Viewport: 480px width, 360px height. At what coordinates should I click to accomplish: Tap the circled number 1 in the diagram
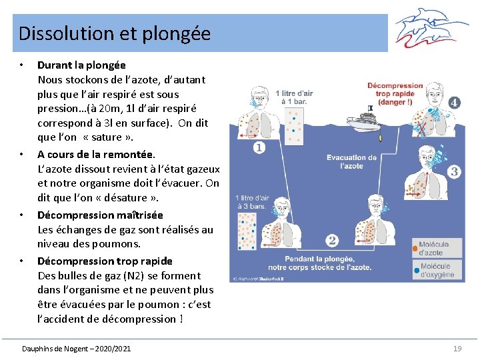[258, 148]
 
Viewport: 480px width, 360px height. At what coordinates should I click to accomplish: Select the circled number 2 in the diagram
[332, 240]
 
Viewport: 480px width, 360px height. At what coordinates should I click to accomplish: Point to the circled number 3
[454, 172]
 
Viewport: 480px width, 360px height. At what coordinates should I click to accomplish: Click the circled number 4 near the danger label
[453, 103]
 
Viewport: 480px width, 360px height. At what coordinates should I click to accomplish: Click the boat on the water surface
[365, 122]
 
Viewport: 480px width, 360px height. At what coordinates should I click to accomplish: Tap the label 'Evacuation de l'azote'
[351, 161]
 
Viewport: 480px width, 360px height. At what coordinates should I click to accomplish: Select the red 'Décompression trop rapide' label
[395, 93]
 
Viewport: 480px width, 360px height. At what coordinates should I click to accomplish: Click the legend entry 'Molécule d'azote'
[435, 248]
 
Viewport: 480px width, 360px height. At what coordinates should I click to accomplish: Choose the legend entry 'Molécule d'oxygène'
[437, 270]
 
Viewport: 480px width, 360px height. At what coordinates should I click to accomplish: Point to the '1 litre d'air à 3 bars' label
[252, 202]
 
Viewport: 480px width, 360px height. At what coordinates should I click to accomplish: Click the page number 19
[457, 349]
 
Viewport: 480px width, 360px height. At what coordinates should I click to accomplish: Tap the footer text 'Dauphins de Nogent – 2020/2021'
[77, 349]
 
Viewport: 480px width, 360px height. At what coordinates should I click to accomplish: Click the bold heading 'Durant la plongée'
[81, 65]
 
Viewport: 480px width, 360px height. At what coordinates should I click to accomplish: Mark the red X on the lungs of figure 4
[421, 127]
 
